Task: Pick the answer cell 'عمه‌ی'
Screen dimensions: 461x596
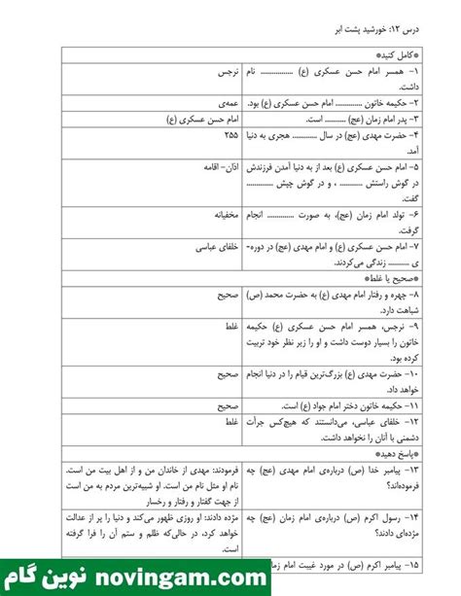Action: coord(229,100)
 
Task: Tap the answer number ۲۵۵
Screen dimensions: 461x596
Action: coord(230,135)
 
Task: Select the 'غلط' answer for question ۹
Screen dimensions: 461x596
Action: coord(231,328)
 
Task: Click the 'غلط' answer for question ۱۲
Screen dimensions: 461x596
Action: coord(231,423)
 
